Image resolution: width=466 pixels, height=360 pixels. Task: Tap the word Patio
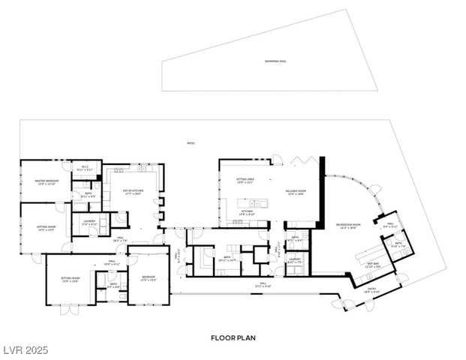coord(191,143)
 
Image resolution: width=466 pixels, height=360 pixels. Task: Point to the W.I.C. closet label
coord(85,169)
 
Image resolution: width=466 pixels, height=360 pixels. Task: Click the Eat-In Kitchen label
coord(132,193)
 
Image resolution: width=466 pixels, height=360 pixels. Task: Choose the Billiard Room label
coord(295,193)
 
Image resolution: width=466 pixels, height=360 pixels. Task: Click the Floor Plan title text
coord(233,338)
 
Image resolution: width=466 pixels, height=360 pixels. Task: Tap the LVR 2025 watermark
coord(24,350)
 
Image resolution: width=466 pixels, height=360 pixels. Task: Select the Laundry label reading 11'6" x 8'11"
coord(89,223)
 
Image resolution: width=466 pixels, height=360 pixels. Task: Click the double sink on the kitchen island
coord(256,202)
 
